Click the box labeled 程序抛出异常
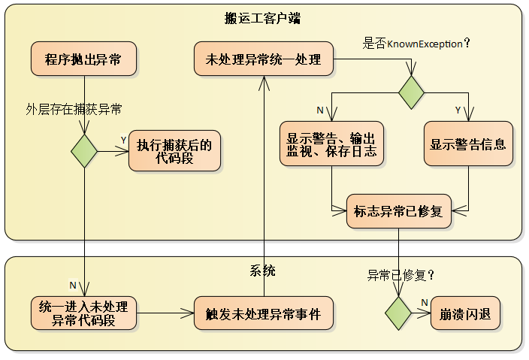(x=83, y=60)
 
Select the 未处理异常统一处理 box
(x=263, y=60)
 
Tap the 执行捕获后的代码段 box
(x=174, y=151)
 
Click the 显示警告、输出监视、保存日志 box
(x=331, y=144)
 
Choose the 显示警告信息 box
(x=468, y=144)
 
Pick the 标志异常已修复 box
(x=398, y=211)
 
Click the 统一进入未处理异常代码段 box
(x=83, y=313)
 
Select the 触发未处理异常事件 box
(x=263, y=313)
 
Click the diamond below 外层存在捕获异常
(x=84, y=151)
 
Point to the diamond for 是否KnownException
(x=411, y=92)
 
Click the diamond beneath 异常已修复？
(x=398, y=313)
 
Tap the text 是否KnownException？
(x=416, y=44)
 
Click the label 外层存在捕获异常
(x=74, y=109)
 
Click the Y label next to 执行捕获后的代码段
(x=123, y=140)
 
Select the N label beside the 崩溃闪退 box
(x=424, y=302)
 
